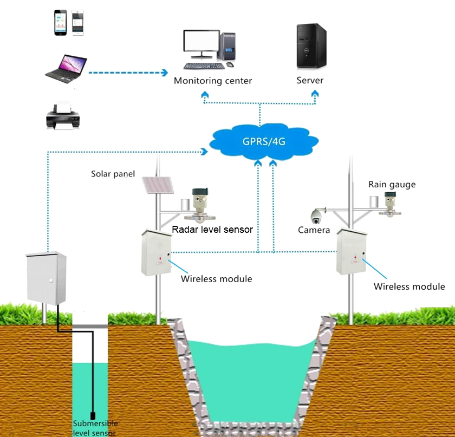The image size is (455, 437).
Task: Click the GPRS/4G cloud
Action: [x=264, y=142]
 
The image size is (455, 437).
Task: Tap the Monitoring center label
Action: [x=213, y=81]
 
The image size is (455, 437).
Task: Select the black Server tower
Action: [x=311, y=46]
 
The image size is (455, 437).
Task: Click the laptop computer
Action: [x=66, y=69]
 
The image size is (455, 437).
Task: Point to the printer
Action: [x=63, y=115]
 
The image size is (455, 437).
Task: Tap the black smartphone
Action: [x=60, y=23]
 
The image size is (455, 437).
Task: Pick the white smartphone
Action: [x=78, y=23]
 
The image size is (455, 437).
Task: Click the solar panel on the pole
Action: [x=158, y=185]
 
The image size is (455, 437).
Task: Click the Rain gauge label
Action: [x=392, y=185]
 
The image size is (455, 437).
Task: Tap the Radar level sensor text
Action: [x=212, y=230]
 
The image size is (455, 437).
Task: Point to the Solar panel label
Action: [x=113, y=174]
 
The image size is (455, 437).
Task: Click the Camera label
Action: [x=314, y=230]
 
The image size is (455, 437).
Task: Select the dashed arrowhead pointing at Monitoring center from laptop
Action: [x=165, y=73]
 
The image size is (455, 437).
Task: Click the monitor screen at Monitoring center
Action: [x=201, y=41]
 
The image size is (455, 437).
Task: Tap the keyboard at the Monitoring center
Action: [x=204, y=66]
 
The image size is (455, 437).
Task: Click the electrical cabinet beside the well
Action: [x=47, y=278]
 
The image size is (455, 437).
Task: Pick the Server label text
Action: [x=310, y=80]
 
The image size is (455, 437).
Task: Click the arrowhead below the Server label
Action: [x=315, y=94]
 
